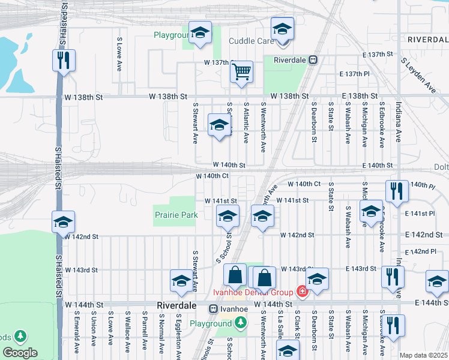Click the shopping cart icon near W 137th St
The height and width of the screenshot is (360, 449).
click(x=241, y=71)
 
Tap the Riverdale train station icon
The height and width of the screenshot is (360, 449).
click(x=313, y=60)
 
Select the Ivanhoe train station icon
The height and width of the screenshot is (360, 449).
click(x=213, y=309)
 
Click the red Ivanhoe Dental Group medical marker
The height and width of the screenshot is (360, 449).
click(x=301, y=292)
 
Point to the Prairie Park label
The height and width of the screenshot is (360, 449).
click(x=176, y=214)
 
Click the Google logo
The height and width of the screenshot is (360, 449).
click(x=20, y=353)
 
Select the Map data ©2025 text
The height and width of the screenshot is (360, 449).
click(x=423, y=355)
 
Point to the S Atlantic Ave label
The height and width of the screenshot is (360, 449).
click(x=246, y=122)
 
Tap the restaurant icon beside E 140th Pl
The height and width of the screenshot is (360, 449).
click(x=397, y=191)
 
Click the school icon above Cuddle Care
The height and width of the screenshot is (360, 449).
click(x=282, y=28)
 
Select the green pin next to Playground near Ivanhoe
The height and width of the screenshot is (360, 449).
click(x=241, y=323)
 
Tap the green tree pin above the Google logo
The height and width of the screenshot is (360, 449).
click(x=21, y=336)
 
